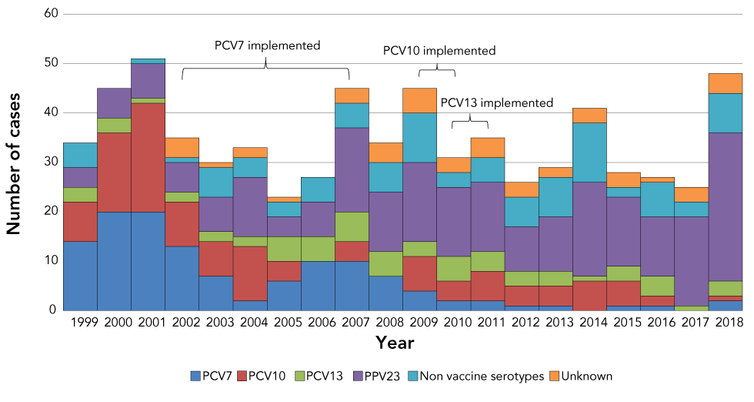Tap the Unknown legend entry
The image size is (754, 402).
tap(581, 377)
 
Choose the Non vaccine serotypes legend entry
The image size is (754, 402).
tap(479, 377)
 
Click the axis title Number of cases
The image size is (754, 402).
tap(13, 162)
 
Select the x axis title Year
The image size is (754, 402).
tap(395, 342)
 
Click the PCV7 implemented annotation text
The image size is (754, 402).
tap(267, 45)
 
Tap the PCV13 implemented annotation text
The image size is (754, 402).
tap(496, 102)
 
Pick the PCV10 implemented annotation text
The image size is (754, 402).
tap(439, 51)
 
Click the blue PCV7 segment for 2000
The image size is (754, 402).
tap(114, 261)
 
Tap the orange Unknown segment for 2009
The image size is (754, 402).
tap(419, 100)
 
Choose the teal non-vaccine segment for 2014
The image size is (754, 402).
tap(589, 152)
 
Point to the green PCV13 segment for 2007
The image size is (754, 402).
tap(352, 226)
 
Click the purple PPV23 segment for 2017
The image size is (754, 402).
tap(691, 261)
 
